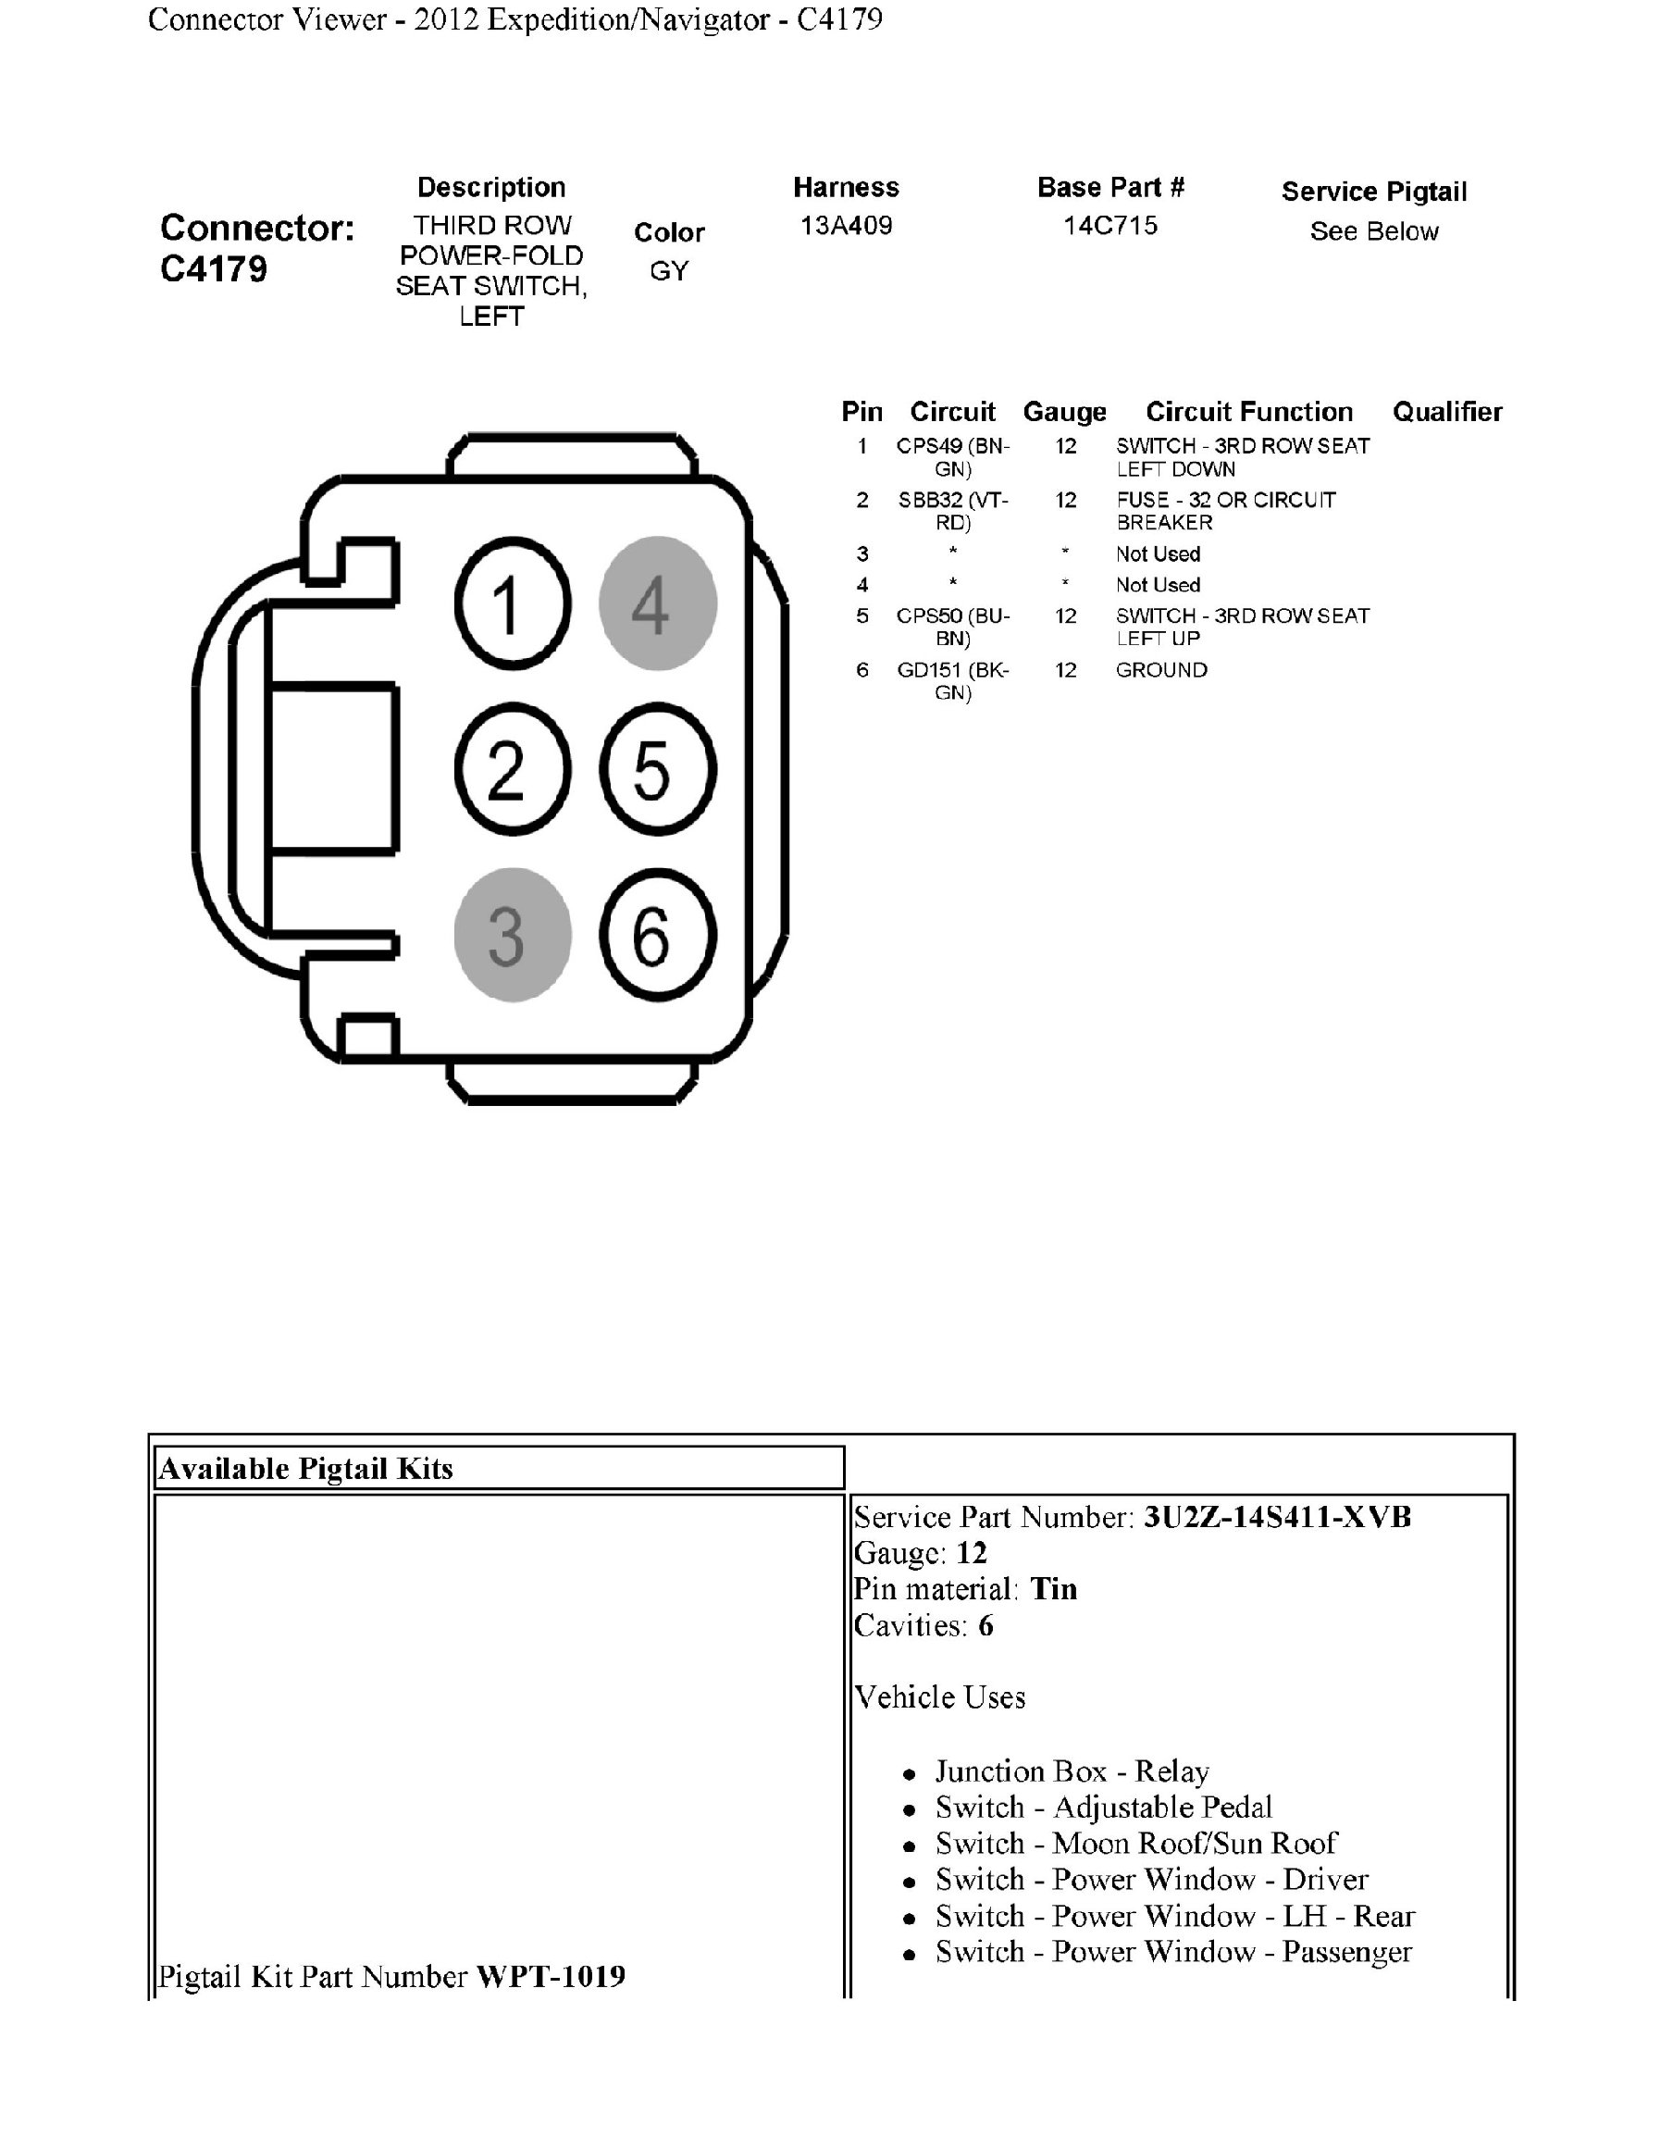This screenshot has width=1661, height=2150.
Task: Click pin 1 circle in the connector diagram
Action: click(512, 603)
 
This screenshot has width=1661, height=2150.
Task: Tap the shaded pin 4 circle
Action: click(657, 603)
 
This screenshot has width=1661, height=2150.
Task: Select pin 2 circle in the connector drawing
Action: click(512, 769)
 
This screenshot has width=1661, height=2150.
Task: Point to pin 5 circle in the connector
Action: click(657, 769)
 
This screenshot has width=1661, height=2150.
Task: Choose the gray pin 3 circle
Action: click(512, 934)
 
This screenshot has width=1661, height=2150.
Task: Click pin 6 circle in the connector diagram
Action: click(657, 934)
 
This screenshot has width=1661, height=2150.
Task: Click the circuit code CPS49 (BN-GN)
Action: click(952, 457)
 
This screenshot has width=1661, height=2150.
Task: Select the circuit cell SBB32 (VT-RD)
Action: click(952, 511)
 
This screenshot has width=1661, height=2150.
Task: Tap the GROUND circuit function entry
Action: click(1161, 670)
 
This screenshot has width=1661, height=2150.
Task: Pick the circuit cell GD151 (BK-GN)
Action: click(952, 681)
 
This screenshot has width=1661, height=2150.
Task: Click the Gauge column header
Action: click(1065, 412)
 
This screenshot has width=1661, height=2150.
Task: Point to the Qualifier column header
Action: click(1446, 412)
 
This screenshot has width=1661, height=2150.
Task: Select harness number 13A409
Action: click(845, 226)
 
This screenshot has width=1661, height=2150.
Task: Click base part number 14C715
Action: click(1110, 226)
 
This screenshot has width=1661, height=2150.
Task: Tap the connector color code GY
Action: click(669, 271)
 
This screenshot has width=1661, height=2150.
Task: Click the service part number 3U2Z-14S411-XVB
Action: click(1277, 1517)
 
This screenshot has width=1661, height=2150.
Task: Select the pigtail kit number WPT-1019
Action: click(551, 1976)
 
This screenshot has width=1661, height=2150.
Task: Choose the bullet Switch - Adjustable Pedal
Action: click(1103, 1807)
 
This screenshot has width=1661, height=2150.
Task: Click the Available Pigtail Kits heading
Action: click(306, 1469)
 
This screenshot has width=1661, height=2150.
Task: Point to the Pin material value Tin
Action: click(1054, 1589)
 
